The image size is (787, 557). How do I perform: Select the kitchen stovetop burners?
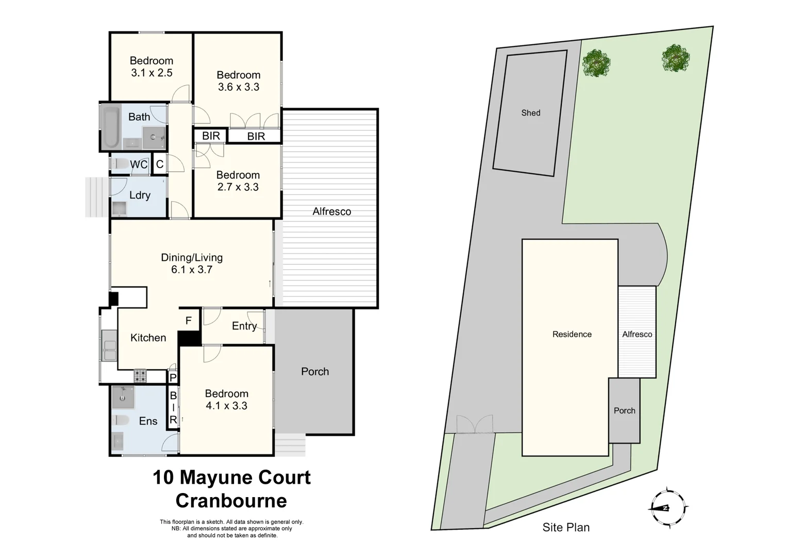[140, 375]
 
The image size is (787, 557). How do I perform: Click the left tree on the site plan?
[596, 63]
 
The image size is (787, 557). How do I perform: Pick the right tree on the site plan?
[676, 58]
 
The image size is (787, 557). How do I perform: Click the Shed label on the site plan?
[530, 113]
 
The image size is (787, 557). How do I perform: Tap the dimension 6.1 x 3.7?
[192, 269]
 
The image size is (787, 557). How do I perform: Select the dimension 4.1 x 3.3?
[226, 406]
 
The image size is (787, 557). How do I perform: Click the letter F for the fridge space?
[189, 321]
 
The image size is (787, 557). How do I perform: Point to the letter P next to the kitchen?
[173, 378]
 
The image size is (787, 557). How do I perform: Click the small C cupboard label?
[160, 165]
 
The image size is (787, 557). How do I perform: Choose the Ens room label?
[148, 421]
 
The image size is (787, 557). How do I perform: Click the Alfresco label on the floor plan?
[331, 211]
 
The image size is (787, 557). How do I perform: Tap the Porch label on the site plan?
[624, 411]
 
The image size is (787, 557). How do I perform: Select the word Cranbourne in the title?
[231, 500]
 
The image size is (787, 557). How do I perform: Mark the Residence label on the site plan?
[572, 334]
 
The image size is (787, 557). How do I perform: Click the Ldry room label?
[140, 195]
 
